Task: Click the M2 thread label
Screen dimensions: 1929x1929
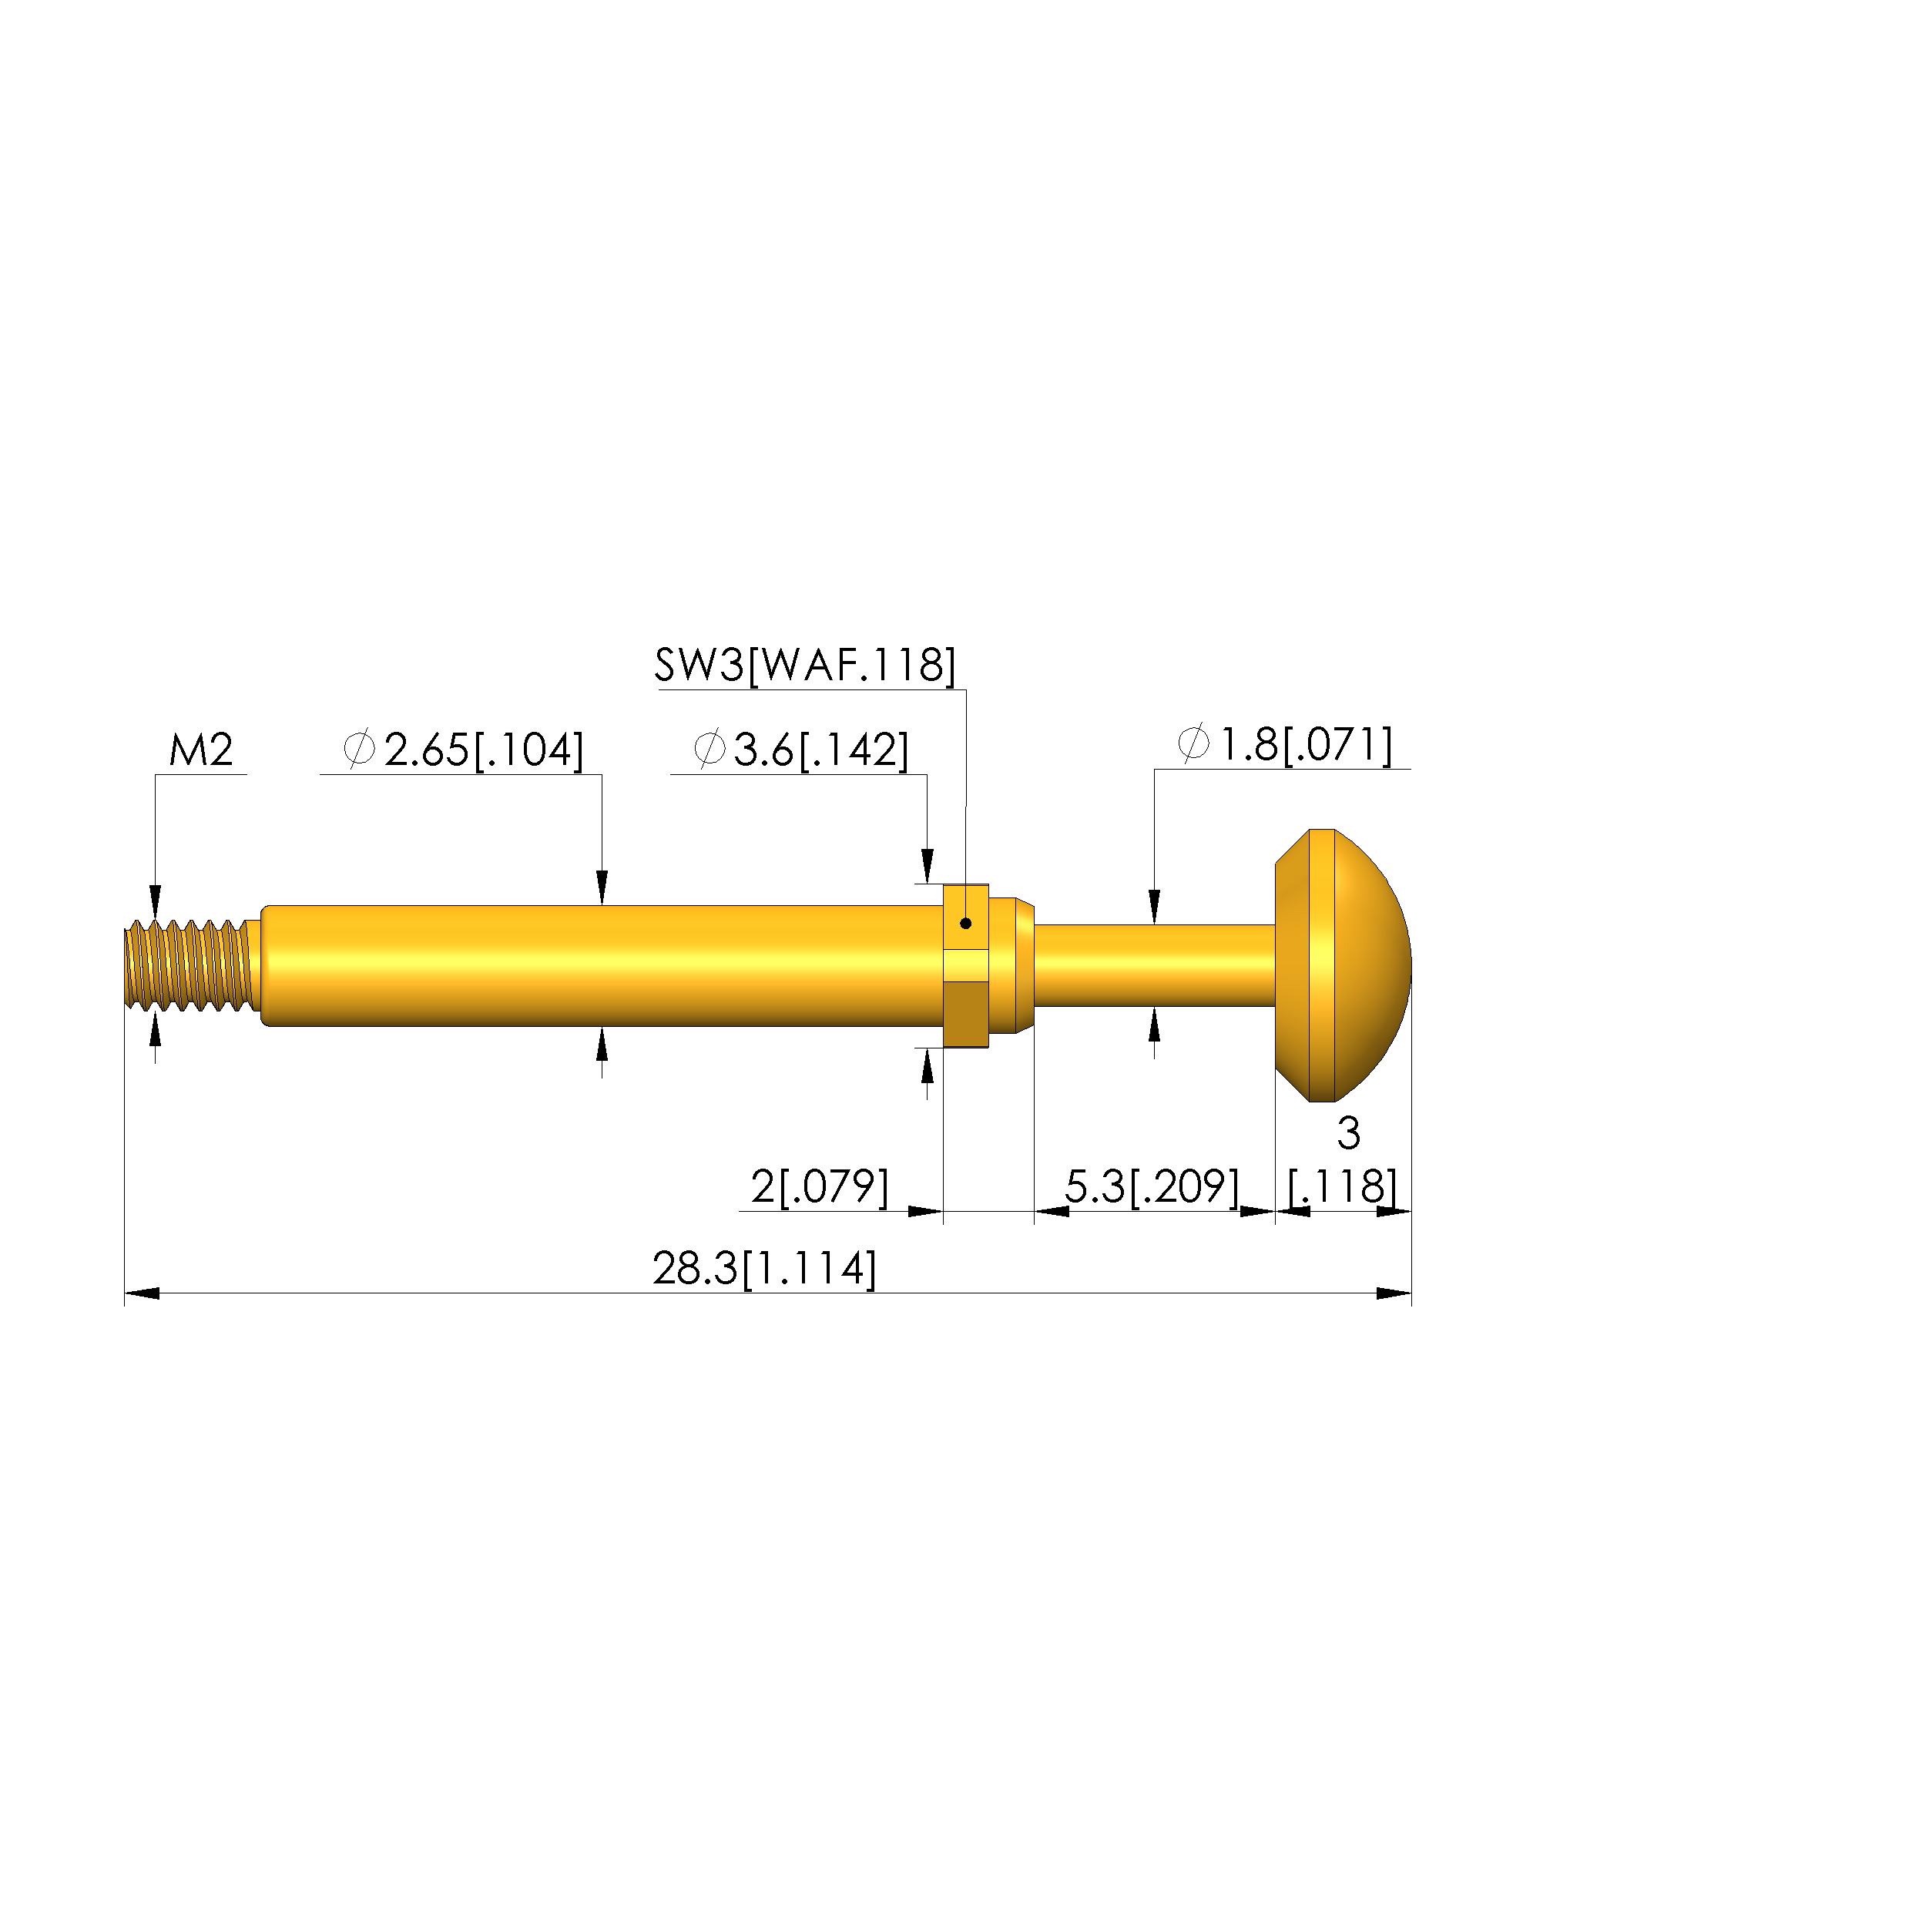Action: tap(201, 750)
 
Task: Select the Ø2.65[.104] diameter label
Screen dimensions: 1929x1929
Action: tap(463, 750)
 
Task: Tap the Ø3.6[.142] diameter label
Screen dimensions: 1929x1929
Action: tap(800, 750)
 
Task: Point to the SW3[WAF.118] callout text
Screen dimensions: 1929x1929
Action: tap(805, 665)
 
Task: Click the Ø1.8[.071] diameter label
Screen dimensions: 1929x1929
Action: tap(1285, 745)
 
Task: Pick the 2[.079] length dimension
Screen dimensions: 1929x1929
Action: tap(820, 1186)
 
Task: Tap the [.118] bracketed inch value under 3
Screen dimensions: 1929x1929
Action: tap(1343, 1186)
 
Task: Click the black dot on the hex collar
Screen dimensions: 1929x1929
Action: tap(965, 924)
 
